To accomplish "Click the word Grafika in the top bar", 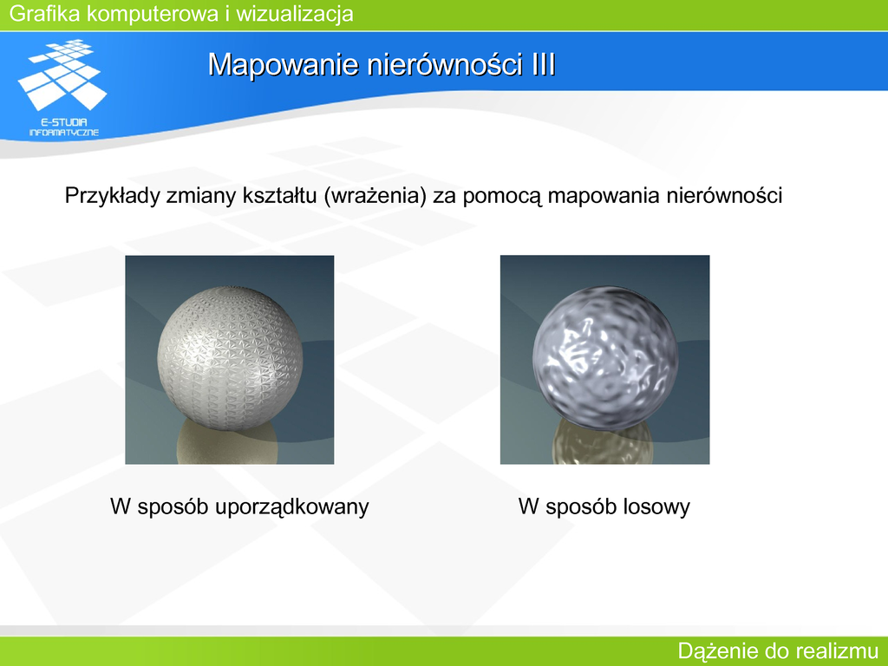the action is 45,13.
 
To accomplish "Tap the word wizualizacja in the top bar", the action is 295,13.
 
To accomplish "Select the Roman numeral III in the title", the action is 543,64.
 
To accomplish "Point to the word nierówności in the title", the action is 445,64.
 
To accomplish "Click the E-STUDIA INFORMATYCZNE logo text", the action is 63,127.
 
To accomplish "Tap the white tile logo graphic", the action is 62,75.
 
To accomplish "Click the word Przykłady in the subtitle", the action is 112,195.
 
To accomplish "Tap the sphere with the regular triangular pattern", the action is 230,358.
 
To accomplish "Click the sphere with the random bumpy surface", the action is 604,356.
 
